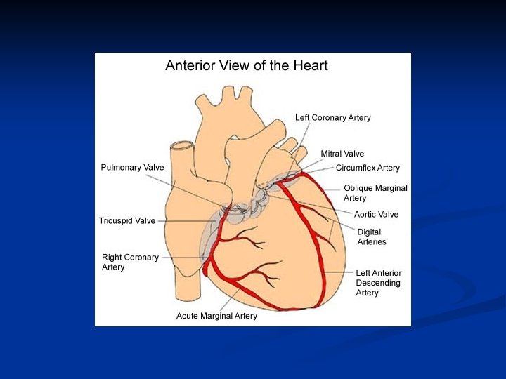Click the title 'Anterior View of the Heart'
(x=246, y=66)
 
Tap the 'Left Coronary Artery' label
(x=332, y=117)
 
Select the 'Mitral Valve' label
(x=342, y=154)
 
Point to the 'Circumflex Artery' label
(x=368, y=168)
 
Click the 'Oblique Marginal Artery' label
(x=375, y=193)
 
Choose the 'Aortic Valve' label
(x=376, y=215)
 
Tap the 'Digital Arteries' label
(x=372, y=237)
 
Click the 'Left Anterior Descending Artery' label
(x=379, y=283)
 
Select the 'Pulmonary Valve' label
(x=132, y=168)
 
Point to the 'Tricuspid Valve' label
(x=127, y=220)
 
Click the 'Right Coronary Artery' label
(x=130, y=262)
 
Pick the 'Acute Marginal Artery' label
(x=216, y=316)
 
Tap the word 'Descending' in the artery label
(x=378, y=283)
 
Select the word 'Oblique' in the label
(x=358, y=188)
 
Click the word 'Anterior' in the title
(x=191, y=66)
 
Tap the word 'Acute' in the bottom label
(x=188, y=316)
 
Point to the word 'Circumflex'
(x=356, y=168)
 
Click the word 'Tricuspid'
(x=116, y=220)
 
